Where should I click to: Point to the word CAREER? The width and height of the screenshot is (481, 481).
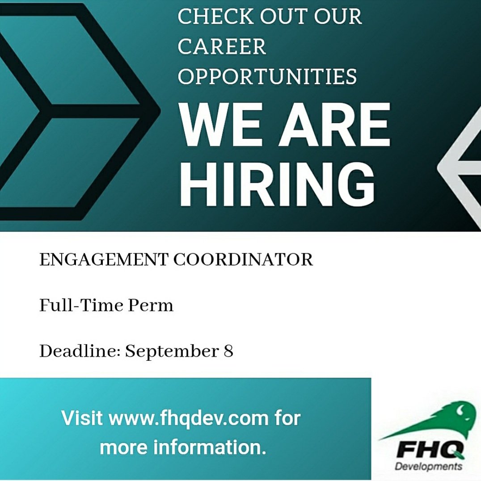click(222, 46)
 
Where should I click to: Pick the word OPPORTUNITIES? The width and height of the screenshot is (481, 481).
click(267, 76)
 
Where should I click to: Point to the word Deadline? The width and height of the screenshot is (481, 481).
click(79, 351)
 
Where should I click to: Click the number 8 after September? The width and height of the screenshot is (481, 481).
click(228, 351)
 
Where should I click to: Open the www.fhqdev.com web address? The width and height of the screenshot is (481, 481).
click(189, 418)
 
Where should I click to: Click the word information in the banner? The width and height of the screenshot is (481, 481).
click(210, 447)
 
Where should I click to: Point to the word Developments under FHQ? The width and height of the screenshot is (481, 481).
click(429, 467)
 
